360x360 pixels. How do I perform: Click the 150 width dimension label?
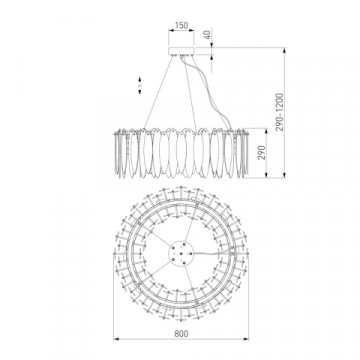pyautogui.click(x=181, y=25)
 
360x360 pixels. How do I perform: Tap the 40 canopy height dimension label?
pyautogui.click(x=207, y=34)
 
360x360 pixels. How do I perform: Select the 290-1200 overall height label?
pyautogui.click(x=281, y=112)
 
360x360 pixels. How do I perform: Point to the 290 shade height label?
pyautogui.click(x=262, y=153)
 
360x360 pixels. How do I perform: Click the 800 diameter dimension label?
pyautogui.click(x=181, y=333)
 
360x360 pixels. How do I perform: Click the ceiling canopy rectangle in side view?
pyautogui.click(x=181, y=51)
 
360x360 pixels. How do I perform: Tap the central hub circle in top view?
pyautogui.click(x=181, y=254)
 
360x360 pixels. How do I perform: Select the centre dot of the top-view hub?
pyautogui.click(x=181, y=254)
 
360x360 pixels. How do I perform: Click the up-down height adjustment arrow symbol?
pyautogui.click(x=140, y=86)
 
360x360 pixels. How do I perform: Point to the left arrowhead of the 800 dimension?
pyautogui.click(x=116, y=339)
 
